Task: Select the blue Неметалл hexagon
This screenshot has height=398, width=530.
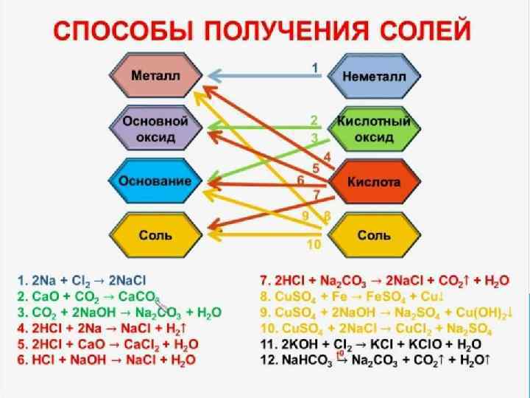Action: [x=375, y=76]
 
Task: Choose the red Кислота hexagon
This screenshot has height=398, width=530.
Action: [x=375, y=181]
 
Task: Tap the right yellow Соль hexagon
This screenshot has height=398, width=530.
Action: [x=375, y=235]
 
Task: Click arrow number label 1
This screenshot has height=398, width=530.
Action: [x=315, y=67]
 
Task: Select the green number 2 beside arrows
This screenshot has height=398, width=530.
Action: [x=314, y=120]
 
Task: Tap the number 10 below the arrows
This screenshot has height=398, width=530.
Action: [x=314, y=244]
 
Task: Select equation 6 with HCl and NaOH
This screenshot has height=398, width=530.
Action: [x=107, y=360]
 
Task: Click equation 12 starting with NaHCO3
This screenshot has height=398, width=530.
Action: [x=375, y=360]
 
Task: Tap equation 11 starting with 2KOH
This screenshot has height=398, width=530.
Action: [x=371, y=344]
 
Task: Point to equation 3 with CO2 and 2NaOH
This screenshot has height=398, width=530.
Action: [x=118, y=313]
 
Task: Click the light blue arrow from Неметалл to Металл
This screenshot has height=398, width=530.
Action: [x=265, y=74]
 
